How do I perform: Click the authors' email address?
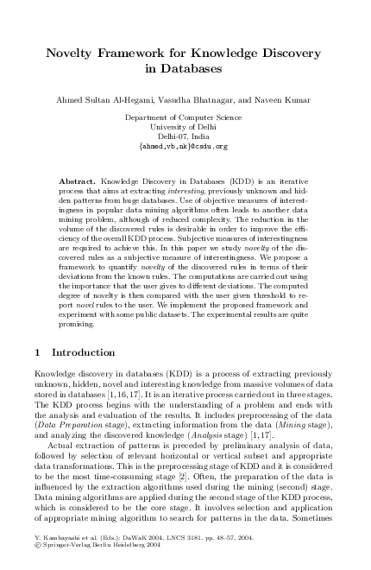(185, 147)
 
